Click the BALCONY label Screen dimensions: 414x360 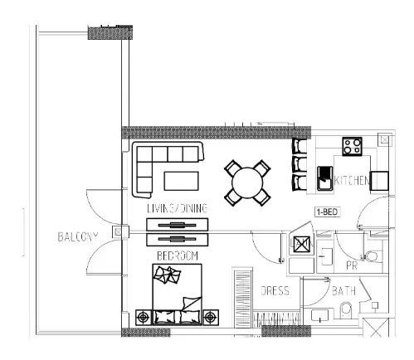pos(78,237)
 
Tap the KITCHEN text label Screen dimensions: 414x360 pos(352,181)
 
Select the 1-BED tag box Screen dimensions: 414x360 pos(327,212)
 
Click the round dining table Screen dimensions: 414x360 pos(247,182)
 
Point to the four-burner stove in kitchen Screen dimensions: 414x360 pos(352,146)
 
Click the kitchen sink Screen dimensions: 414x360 pos(325,178)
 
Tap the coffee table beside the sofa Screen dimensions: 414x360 pos(181,181)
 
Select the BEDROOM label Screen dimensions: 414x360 pos(178,255)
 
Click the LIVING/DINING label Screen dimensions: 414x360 pos(177,208)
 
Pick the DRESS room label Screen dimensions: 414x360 pos(275,290)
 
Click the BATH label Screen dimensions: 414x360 pos(343,291)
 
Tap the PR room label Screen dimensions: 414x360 pos(352,265)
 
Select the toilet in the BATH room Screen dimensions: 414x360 pos(346,310)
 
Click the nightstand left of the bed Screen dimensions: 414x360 pos(144,317)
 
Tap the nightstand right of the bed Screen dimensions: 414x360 pos(211,317)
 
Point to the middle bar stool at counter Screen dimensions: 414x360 pos(300,164)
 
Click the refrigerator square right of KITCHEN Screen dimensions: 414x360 pos(379,181)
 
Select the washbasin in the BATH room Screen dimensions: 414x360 pos(320,315)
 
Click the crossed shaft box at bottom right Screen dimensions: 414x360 pos(376,328)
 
